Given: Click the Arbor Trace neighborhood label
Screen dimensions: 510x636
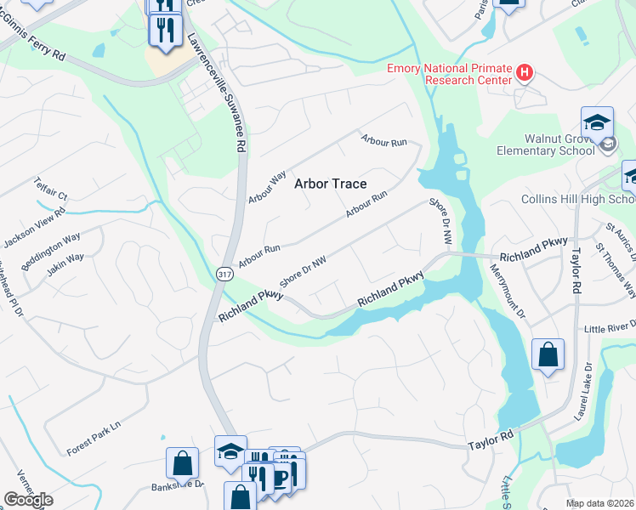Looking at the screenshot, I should [331, 184].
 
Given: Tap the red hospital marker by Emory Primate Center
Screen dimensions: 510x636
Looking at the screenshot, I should [525, 73].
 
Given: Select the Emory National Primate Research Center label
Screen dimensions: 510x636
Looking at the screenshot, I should [449, 74].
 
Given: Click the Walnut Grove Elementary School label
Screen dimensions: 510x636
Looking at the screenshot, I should [546, 144].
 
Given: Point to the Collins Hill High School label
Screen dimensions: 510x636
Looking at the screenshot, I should [578, 199].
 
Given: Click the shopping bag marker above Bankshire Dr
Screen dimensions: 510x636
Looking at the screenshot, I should [182, 463].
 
